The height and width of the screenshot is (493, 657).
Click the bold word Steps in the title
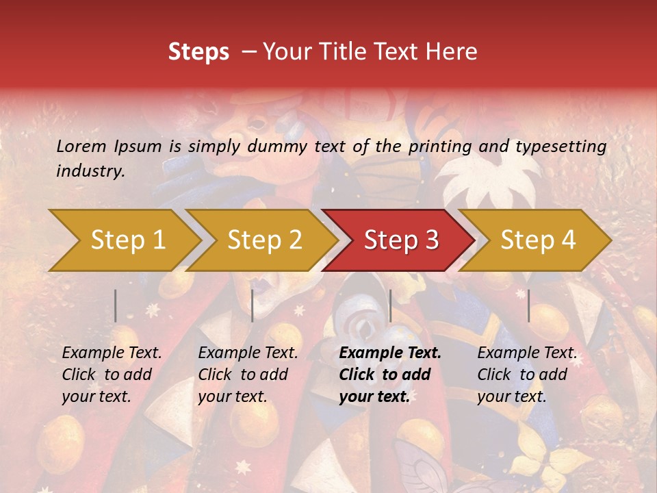point(198,51)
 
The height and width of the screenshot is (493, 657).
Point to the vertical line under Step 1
point(116,305)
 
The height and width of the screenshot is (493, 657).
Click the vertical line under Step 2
point(253,305)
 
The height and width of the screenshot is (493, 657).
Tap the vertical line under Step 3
point(390,305)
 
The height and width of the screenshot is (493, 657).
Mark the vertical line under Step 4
point(528,305)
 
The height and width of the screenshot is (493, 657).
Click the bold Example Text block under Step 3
point(390,375)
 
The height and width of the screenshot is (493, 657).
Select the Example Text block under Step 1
point(112,375)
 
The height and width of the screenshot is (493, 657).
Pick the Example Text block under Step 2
point(248,375)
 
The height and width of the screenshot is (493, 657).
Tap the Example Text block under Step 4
point(527,375)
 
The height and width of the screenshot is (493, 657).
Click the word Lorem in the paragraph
point(81,146)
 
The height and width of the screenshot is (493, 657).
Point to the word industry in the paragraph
point(90,171)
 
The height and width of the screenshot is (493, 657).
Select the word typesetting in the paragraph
point(561,146)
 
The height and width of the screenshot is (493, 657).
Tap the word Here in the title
point(456,51)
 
